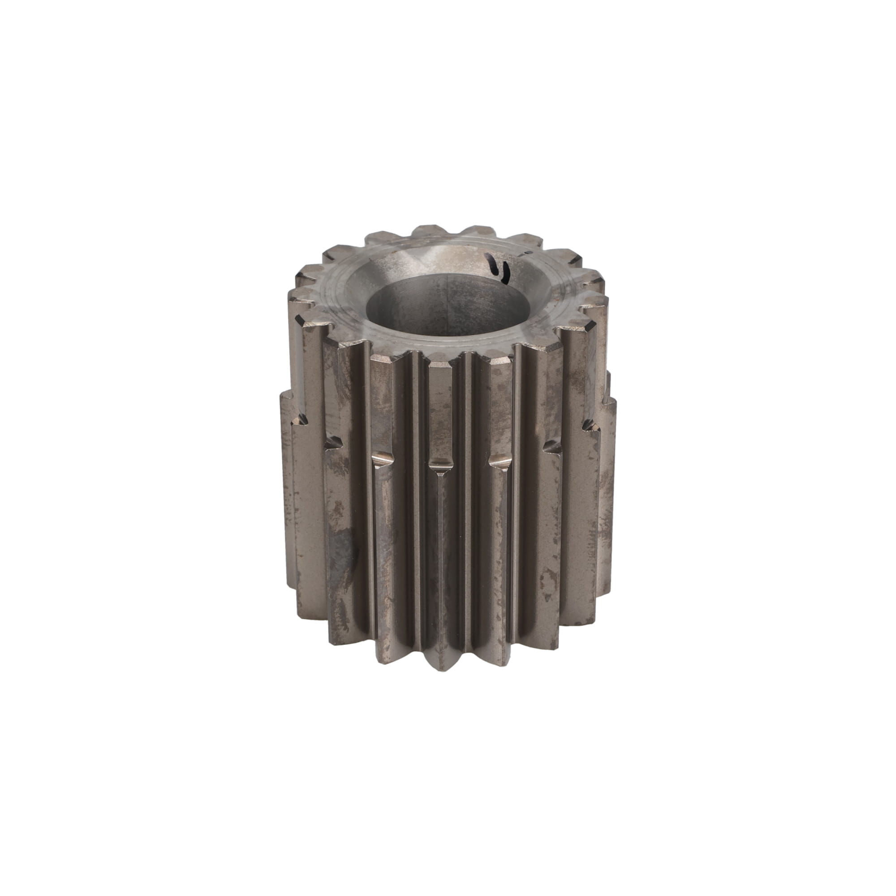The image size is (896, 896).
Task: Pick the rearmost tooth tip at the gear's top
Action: (x=429, y=228)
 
